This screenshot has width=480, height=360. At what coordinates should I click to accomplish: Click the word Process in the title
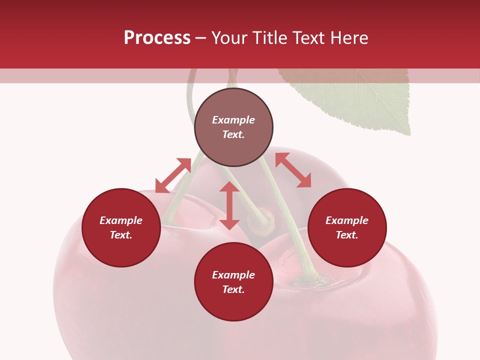(157, 38)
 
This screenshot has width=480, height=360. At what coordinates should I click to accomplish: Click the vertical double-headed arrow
(229, 205)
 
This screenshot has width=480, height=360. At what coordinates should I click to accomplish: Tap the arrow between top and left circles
(173, 175)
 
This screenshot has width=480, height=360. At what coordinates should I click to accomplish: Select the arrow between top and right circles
(293, 170)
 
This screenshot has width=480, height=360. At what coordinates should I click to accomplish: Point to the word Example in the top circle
(233, 120)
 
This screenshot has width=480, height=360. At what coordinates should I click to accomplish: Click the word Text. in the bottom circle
(233, 289)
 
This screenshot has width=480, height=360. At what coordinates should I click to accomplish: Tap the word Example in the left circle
(121, 220)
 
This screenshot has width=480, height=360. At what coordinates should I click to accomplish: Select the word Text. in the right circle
(347, 235)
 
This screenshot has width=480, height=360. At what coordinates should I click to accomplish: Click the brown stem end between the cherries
(263, 221)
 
